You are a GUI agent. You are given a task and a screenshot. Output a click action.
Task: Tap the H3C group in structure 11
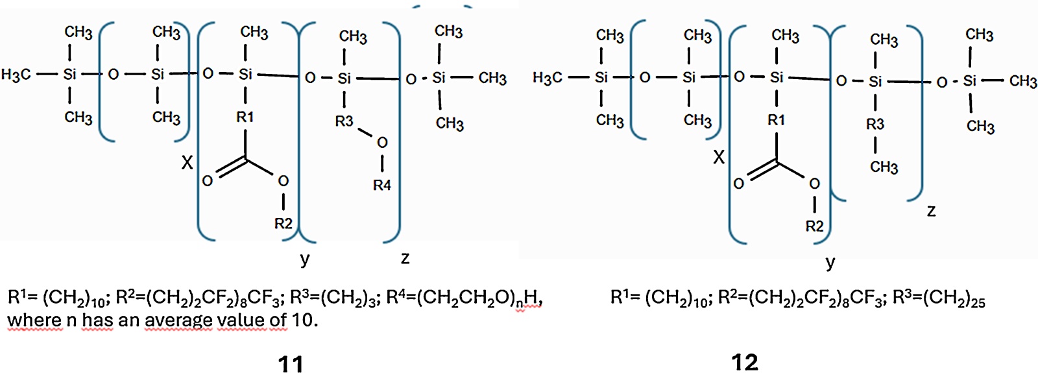(16, 75)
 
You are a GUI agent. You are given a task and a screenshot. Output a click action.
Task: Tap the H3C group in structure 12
(548, 77)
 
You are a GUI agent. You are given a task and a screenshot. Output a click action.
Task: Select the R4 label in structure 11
(382, 186)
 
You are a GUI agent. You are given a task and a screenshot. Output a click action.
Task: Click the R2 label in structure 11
(283, 224)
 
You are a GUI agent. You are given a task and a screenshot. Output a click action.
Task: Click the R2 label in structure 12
(814, 226)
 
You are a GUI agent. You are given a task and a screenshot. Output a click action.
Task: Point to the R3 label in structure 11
(344, 121)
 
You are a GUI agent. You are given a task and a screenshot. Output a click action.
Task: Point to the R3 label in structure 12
(875, 124)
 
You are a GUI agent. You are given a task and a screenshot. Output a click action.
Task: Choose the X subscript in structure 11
(187, 163)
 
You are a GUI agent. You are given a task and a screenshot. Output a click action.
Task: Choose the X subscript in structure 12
(718, 158)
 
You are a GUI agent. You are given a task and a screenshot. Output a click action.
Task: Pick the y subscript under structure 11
(304, 259)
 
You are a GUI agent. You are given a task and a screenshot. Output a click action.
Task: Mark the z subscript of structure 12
(931, 211)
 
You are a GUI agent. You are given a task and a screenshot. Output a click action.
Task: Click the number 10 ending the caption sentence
(305, 320)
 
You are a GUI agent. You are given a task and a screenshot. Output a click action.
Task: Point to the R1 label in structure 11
(245, 117)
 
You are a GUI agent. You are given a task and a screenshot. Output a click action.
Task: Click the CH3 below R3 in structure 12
(884, 167)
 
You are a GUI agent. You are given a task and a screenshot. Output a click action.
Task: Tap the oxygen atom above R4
(382, 143)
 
